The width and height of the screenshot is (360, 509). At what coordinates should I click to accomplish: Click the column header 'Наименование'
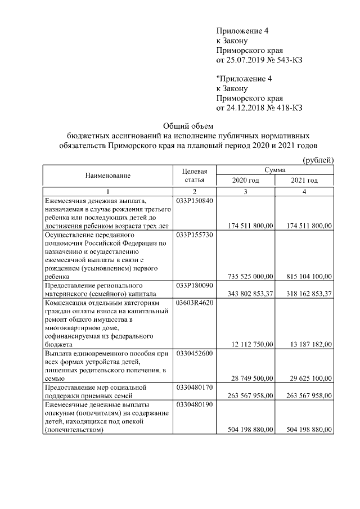pos(108,175)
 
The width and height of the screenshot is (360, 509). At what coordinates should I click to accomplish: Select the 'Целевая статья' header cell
pos(195,175)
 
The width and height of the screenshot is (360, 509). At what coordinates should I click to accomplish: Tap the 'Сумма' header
pos(275,170)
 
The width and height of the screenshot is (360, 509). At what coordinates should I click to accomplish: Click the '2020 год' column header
pos(246,181)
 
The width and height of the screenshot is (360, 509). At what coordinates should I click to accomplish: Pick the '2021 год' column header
pos(304,181)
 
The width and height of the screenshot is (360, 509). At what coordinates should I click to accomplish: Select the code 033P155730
pos(195,235)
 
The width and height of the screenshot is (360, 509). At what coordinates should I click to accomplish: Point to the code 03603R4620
pos(195,303)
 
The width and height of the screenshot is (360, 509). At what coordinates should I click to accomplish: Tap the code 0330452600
pos(195,353)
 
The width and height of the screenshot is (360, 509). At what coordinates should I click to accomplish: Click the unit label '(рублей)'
pos(318,160)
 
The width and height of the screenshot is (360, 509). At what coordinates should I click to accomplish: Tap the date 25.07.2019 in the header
pos(246,60)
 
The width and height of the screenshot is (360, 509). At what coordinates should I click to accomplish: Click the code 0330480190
pos(195,404)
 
